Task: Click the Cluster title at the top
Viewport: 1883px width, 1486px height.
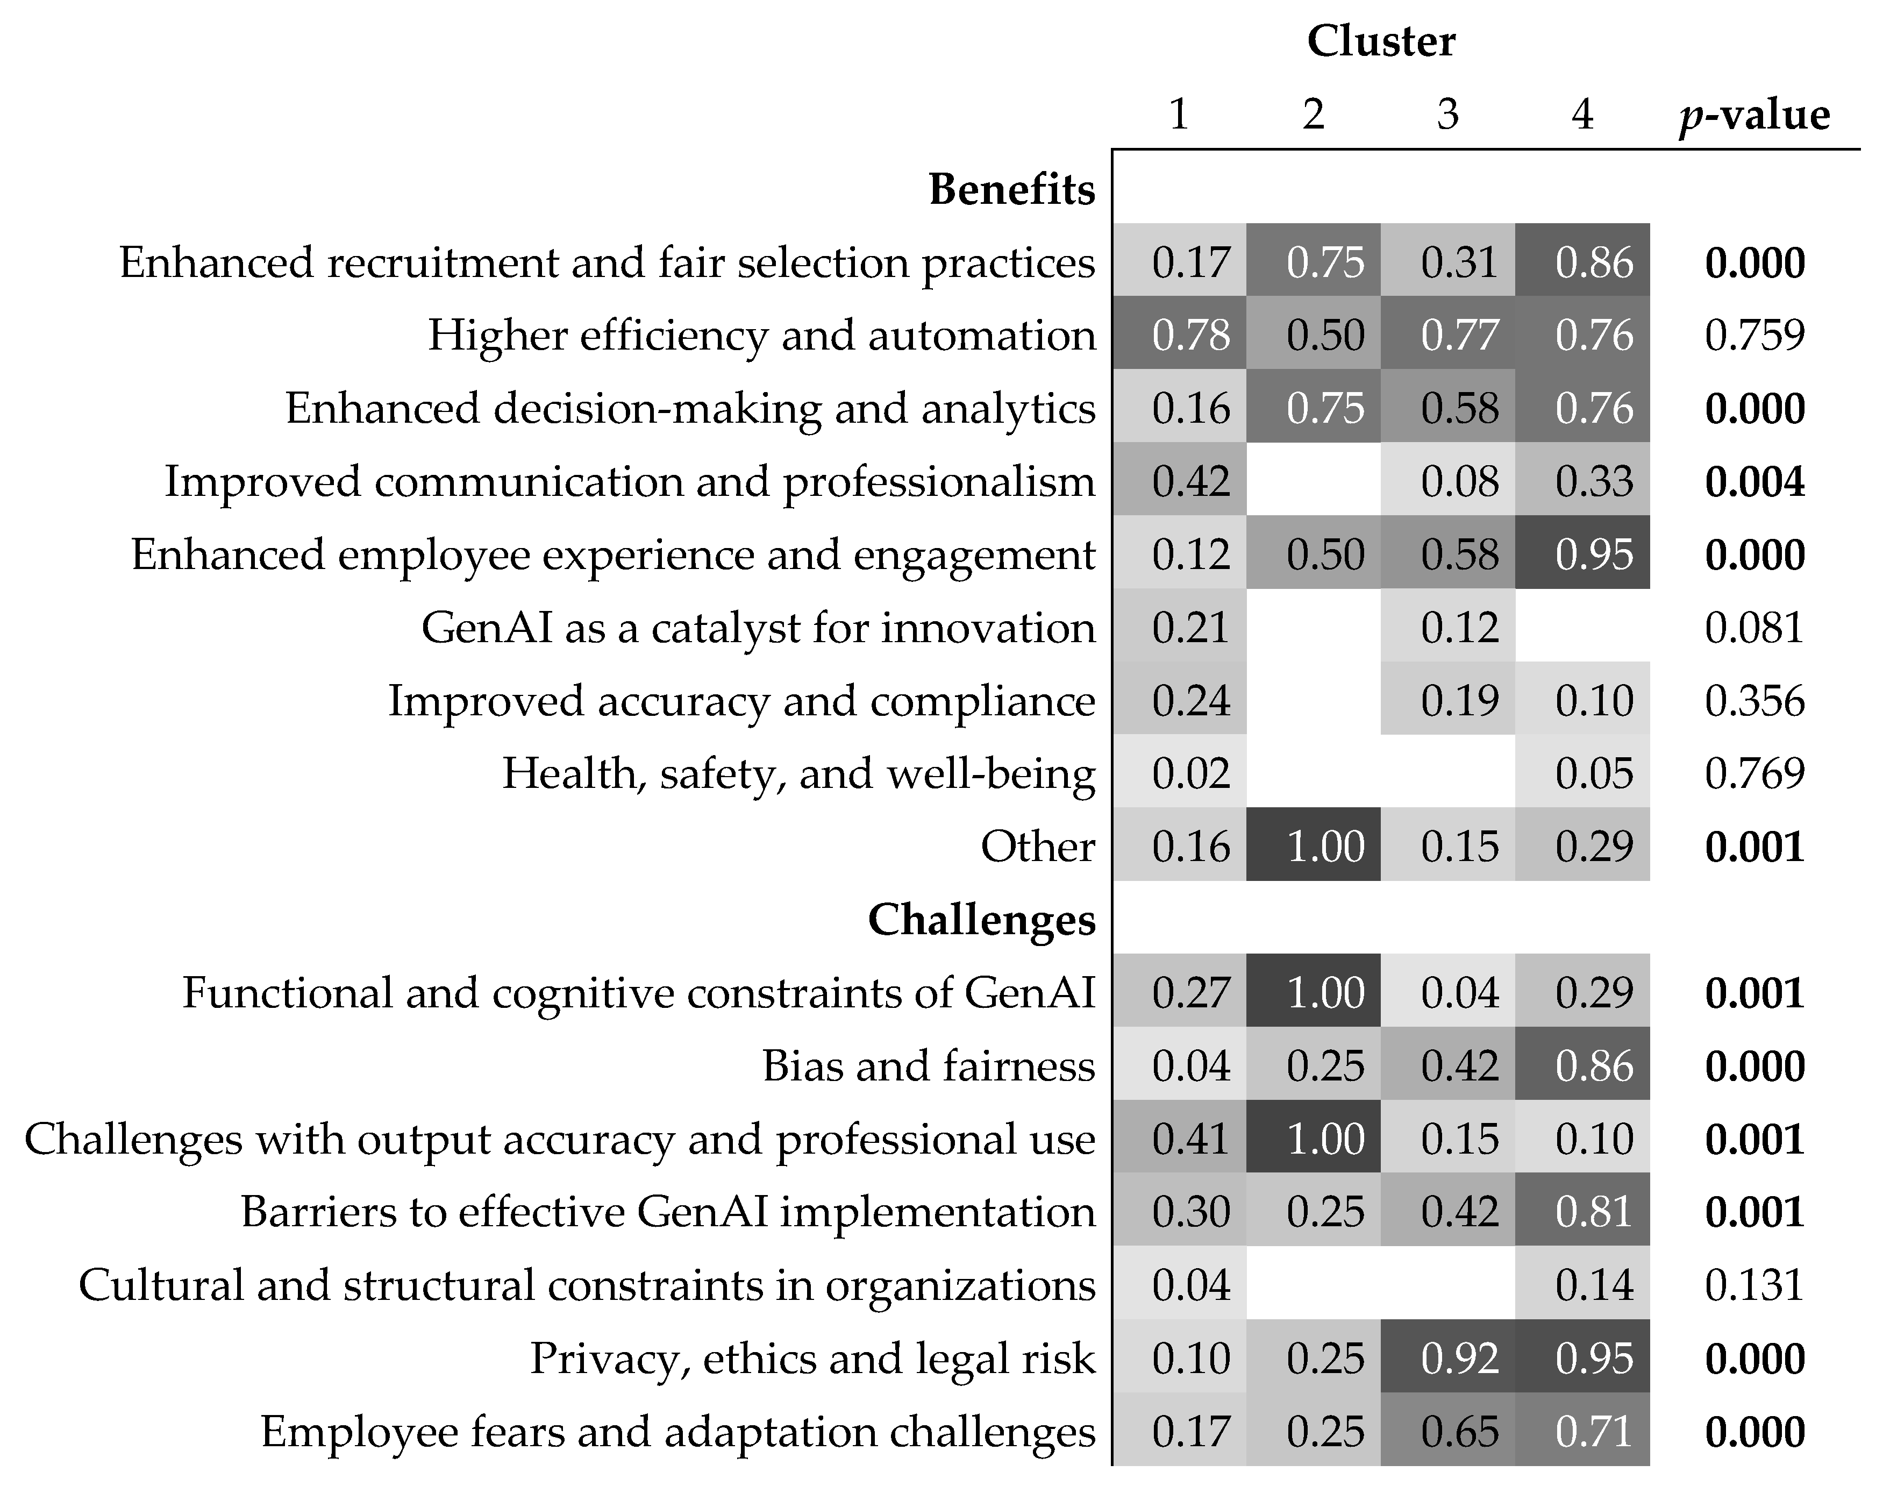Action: tap(1380, 42)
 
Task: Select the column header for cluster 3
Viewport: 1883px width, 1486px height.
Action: tap(1447, 114)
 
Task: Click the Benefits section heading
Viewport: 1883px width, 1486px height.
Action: tap(1011, 189)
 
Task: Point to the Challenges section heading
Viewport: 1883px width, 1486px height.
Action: tap(981, 920)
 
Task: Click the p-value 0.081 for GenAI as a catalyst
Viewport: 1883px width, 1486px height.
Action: tap(1753, 627)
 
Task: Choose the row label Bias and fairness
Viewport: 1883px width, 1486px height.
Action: tap(928, 1066)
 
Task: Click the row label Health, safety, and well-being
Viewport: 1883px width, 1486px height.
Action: tap(798, 773)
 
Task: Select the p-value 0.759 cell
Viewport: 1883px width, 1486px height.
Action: tap(1753, 335)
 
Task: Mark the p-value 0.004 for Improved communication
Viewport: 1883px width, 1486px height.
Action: tap(1753, 481)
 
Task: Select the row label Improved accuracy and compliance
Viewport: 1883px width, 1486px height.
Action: tap(741, 700)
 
